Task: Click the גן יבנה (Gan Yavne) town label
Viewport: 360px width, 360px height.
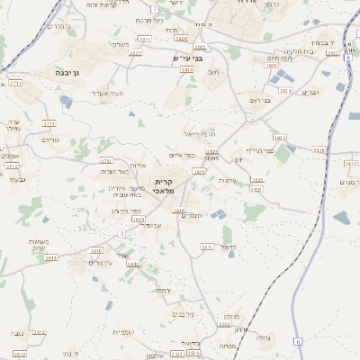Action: click(67, 71)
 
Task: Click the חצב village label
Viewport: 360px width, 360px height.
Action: click(212, 72)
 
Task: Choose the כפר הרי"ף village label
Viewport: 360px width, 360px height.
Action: click(261, 150)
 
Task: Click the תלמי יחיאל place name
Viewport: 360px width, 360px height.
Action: click(200, 132)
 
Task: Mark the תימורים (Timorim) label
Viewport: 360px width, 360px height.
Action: click(192, 215)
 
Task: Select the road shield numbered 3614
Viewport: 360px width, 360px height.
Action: click(50, 257)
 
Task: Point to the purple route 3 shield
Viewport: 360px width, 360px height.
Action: click(121, 233)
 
